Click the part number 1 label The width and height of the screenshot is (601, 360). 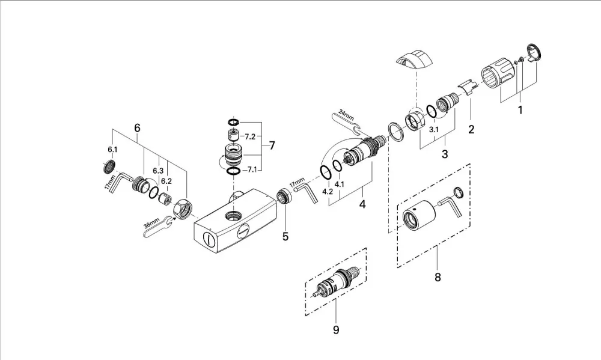(x=520, y=111)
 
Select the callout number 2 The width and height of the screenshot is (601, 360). (x=471, y=130)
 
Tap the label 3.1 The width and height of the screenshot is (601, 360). (x=434, y=130)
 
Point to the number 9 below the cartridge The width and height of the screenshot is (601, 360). (x=336, y=330)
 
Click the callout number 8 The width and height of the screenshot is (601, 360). (x=438, y=277)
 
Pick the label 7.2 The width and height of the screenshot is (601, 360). (x=250, y=136)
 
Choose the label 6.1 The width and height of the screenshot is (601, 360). (x=112, y=150)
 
